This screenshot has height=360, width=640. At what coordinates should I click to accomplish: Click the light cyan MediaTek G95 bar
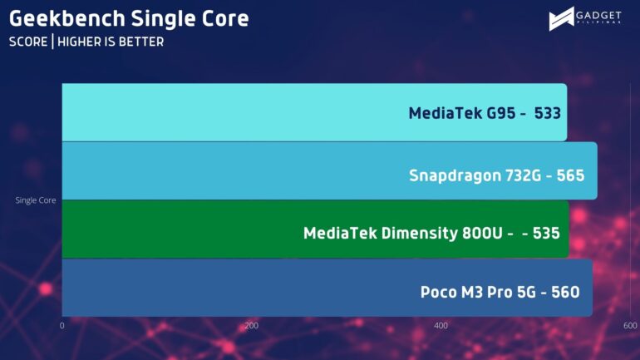click(x=314, y=112)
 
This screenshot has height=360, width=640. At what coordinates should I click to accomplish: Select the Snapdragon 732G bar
click(x=329, y=170)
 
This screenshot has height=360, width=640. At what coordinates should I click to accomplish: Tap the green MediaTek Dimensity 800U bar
click(x=316, y=229)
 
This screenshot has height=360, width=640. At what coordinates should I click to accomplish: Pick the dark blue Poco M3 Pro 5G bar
click(x=327, y=288)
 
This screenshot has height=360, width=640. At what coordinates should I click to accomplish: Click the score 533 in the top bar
click(x=548, y=113)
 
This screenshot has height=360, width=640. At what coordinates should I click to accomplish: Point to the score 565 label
click(x=571, y=175)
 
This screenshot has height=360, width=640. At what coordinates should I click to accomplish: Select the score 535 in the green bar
click(x=546, y=234)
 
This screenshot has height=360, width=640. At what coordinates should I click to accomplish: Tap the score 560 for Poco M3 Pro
click(x=565, y=293)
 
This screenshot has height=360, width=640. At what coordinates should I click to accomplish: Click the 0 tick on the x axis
click(x=62, y=326)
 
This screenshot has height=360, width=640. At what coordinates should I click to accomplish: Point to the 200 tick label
click(x=251, y=326)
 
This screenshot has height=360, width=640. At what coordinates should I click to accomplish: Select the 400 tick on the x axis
click(x=441, y=326)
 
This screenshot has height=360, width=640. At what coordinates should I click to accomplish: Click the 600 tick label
click(x=630, y=326)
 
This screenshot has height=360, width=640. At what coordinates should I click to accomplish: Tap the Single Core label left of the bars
click(x=36, y=200)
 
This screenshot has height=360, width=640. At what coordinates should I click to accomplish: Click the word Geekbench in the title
click(x=67, y=19)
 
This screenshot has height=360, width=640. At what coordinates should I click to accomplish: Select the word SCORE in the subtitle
click(x=28, y=42)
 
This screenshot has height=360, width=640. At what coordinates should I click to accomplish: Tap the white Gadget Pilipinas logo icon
click(x=561, y=19)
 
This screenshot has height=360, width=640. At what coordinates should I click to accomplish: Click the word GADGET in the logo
click(x=598, y=16)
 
